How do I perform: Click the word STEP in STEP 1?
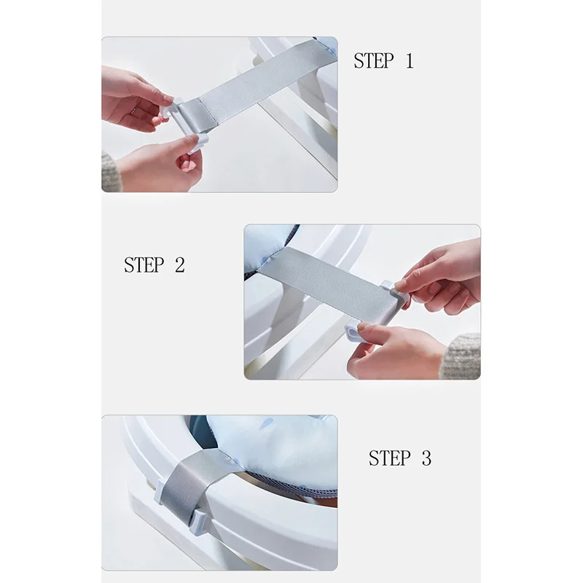(373, 61)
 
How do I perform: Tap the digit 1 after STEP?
(410, 61)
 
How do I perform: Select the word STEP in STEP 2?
(144, 265)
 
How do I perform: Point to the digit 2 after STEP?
(179, 265)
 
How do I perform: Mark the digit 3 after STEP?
(426, 458)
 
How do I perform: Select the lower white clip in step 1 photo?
(197, 144)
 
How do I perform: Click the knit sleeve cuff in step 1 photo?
(110, 173)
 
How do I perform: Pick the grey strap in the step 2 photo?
(327, 283)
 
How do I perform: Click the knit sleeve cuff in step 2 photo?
(461, 356)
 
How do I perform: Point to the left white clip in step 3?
(159, 491)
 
